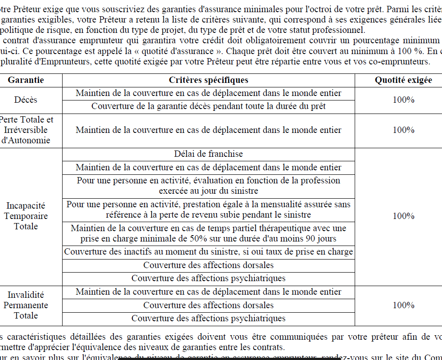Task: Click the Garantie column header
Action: coord(26,80)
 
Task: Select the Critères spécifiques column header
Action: coord(208,80)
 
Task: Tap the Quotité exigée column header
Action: coord(403,80)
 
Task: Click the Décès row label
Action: coord(26,100)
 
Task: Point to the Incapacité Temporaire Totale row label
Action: coord(26,216)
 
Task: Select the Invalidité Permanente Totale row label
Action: coord(26,305)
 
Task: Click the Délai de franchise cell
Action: coord(208,154)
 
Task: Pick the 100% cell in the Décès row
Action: coord(403,100)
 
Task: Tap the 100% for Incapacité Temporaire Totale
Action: coord(403,216)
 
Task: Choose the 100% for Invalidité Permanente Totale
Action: coord(403,305)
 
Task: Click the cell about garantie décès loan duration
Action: coord(208,106)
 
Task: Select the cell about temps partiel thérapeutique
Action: coord(208,233)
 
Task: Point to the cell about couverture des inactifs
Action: coord(208,252)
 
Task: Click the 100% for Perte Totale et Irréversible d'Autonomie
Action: coord(403,130)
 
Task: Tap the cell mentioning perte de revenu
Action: coord(208,210)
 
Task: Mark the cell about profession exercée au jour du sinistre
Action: coord(208,185)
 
